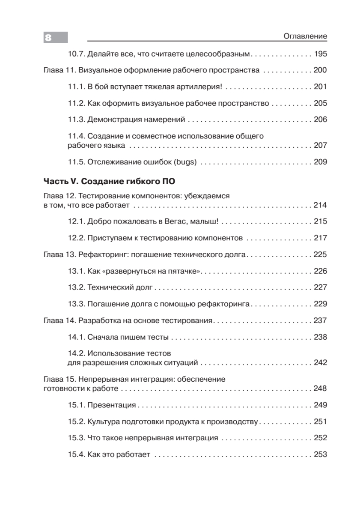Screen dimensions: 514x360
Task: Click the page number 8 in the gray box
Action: (x=48, y=38)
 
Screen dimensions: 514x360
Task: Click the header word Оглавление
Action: (x=305, y=36)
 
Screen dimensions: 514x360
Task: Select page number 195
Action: (x=320, y=54)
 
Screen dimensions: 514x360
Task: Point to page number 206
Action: (x=320, y=120)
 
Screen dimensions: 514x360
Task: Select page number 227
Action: (x=320, y=287)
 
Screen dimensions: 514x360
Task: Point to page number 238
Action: (x=320, y=337)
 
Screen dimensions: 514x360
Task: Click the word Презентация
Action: (x=111, y=405)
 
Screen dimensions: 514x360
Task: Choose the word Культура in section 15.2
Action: (x=104, y=422)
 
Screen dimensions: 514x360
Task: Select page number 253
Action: (x=320, y=454)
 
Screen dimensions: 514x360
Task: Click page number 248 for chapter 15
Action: (x=320, y=388)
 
